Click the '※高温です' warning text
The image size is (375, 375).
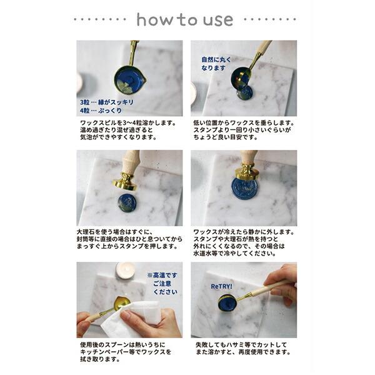click(x=162, y=274)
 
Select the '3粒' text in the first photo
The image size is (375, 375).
click(x=84, y=101)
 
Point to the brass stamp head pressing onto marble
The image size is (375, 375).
click(x=125, y=182)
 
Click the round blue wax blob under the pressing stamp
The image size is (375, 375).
click(x=128, y=202)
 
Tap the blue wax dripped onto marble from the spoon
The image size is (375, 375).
click(x=244, y=92)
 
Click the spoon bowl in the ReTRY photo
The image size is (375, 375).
click(x=227, y=302)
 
